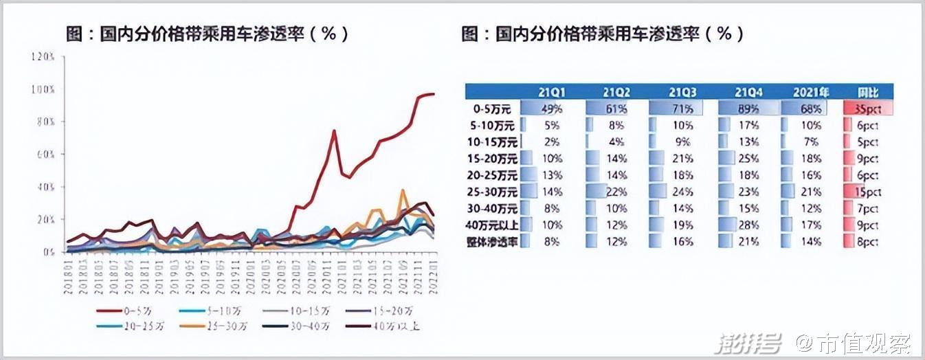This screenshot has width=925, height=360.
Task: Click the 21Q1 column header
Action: point(552,92)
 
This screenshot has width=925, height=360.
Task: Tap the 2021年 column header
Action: point(812,92)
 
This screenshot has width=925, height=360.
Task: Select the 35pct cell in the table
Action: point(867,109)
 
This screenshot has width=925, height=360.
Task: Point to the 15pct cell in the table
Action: point(867,192)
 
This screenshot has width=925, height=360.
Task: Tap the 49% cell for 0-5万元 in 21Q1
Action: point(552,109)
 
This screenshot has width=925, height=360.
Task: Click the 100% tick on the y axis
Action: point(43,89)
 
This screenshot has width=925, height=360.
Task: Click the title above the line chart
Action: point(207,34)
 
